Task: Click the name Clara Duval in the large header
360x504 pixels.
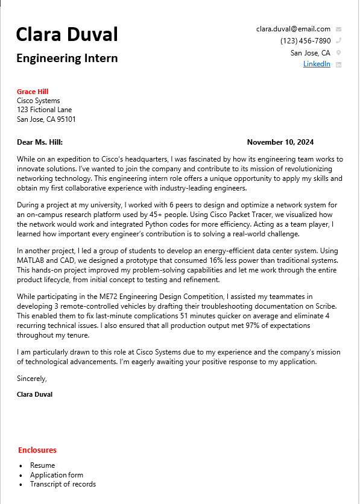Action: click(67, 34)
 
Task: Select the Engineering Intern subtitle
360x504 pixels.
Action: click(67, 58)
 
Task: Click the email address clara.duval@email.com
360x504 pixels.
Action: click(293, 29)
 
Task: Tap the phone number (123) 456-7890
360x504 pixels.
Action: click(305, 41)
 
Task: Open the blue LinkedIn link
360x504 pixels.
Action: click(317, 64)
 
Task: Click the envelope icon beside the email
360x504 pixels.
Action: click(338, 29)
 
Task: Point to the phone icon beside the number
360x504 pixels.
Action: click(338, 41)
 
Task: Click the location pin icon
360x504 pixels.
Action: click(338, 53)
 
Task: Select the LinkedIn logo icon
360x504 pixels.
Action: click(338, 65)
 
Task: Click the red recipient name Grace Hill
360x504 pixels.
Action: click(33, 92)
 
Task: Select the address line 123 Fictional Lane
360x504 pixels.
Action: click(44, 110)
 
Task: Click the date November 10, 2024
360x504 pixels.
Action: click(280, 142)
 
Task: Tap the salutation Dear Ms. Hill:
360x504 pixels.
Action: click(40, 142)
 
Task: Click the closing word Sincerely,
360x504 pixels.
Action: click(32, 379)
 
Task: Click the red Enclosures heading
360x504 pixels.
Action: click(37, 450)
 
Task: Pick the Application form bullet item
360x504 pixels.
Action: click(57, 475)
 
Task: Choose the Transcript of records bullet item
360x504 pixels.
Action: click(63, 484)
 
